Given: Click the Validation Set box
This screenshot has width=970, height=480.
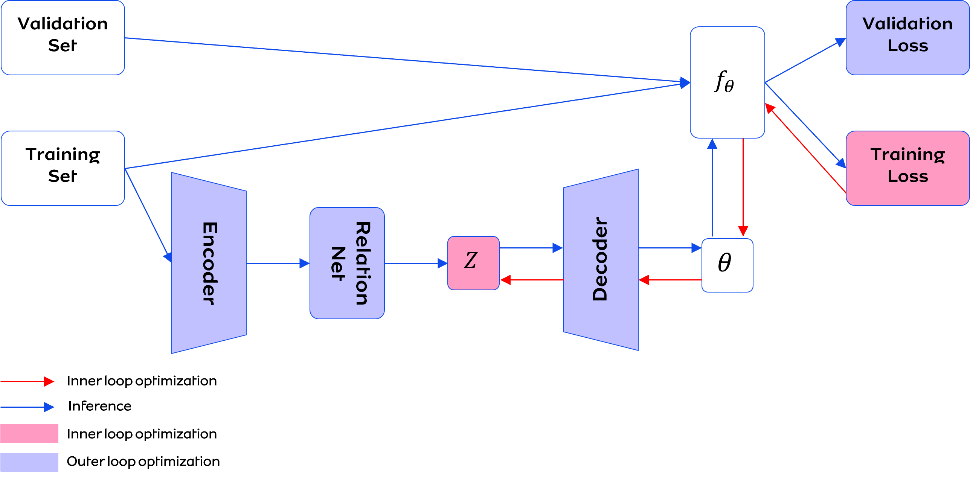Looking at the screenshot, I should click(63, 38).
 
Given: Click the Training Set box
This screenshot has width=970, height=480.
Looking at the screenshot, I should click(63, 168).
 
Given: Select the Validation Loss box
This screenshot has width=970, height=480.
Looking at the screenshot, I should click(907, 38).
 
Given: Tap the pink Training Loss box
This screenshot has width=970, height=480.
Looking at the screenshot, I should click(907, 168).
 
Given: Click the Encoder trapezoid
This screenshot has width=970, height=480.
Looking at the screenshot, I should click(209, 263).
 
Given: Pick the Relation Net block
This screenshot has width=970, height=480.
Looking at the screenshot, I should click(347, 263).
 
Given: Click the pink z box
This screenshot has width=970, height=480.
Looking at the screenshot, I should click(473, 263).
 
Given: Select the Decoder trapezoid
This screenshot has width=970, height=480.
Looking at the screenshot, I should click(601, 260).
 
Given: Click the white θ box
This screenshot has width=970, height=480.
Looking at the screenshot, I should click(727, 265).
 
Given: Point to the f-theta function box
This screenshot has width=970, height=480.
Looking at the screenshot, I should click(727, 82).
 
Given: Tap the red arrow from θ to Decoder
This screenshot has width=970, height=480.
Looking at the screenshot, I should click(670, 280).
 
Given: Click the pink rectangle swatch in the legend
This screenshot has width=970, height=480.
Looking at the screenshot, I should click(29, 433).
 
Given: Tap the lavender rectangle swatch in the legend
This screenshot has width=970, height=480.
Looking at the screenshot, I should click(29, 462).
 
